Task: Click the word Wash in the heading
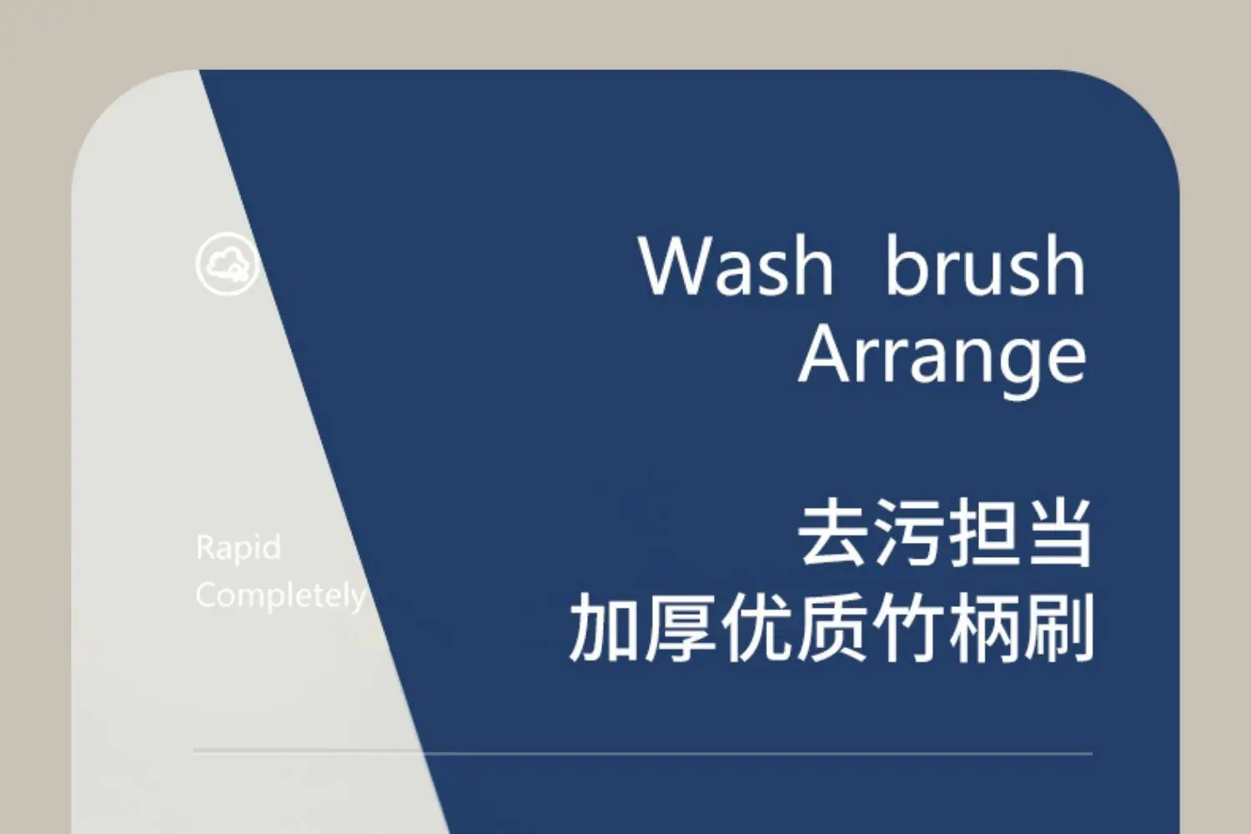[736, 265]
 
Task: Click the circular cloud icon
[227, 264]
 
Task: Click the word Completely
[281, 596]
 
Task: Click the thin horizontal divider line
[643, 753]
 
